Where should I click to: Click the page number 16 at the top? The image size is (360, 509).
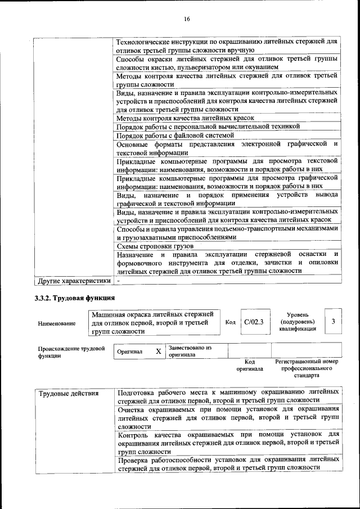187,19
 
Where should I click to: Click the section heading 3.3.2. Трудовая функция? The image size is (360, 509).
75,298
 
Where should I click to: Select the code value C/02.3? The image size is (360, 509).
250,322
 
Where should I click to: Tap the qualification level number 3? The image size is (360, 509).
333,321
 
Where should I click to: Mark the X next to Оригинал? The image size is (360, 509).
158,352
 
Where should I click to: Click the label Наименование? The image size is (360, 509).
57,323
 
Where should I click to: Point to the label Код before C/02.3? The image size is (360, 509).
230,322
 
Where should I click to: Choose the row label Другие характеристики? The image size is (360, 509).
73,280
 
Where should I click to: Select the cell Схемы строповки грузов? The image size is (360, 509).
155,246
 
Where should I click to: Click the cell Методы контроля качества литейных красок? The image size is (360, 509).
185,118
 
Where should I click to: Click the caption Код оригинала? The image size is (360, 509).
250,366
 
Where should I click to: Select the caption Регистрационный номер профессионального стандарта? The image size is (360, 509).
307,368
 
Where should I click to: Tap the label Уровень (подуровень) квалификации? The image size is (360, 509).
296,322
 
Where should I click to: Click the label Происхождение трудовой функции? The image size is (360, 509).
71,352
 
